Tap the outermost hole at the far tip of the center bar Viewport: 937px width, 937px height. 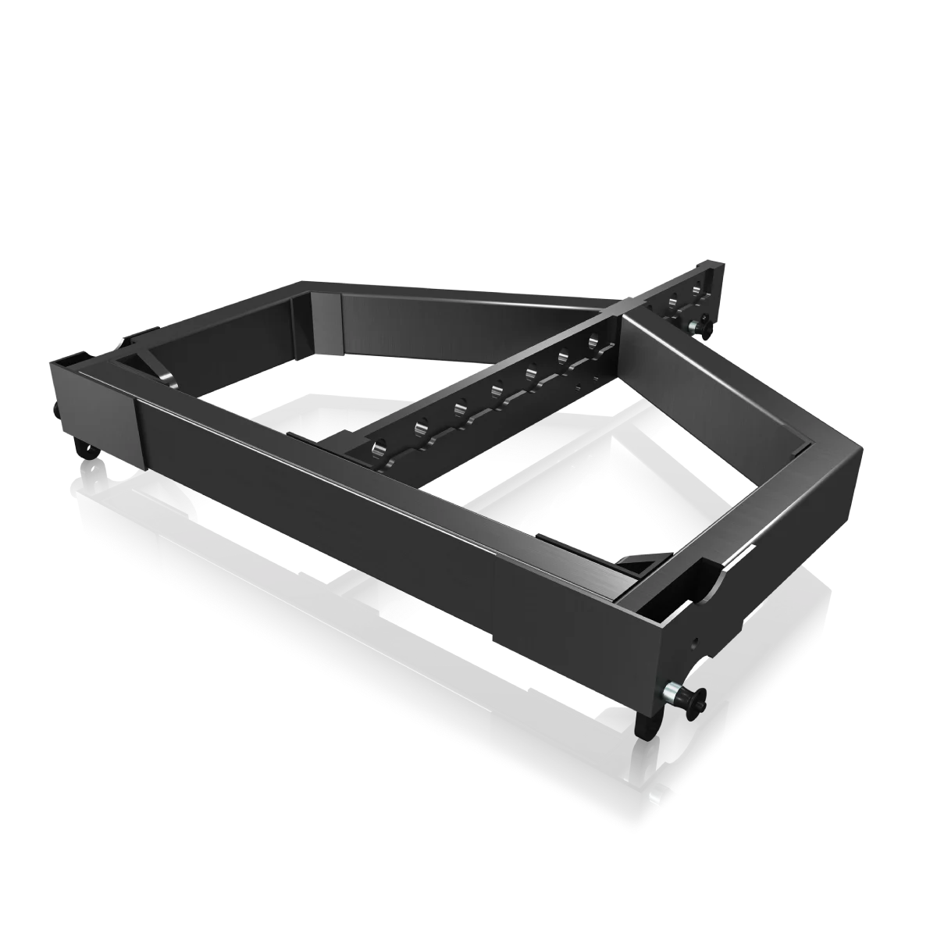pyautogui.click(x=697, y=291)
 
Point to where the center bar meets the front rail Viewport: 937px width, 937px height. pyautogui.click(x=344, y=445)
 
